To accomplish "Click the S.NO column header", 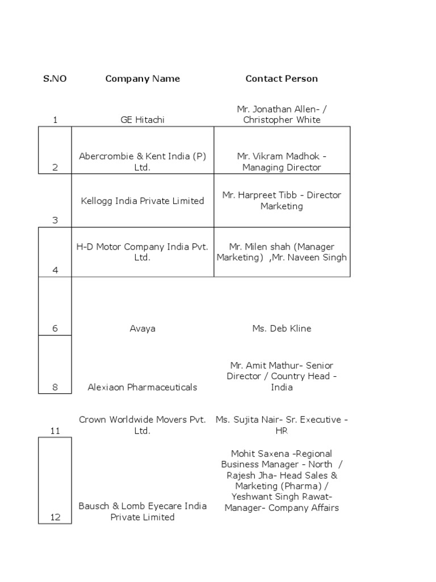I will (55, 79).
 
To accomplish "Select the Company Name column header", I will (142, 79).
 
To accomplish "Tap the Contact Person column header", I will (282, 79).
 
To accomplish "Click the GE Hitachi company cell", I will (142, 120).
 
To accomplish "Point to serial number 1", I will (55, 120).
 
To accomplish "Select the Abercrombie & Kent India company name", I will (142, 161).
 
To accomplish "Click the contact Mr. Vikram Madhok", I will (282, 161).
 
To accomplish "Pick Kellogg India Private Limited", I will (142, 201).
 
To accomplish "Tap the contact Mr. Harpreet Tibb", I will (282, 201).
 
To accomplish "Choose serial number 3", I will (55, 221).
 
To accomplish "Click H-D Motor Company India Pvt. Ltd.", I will (142, 252).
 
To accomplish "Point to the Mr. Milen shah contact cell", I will (282, 252).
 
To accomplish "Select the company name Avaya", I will (142, 329).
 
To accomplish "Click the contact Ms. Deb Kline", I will (282, 329).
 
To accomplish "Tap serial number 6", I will (55, 329).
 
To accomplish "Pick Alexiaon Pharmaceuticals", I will (142, 387).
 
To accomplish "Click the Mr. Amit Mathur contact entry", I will (282, 376).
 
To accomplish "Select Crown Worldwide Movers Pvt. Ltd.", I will (142, 425).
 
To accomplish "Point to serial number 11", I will (55, 431).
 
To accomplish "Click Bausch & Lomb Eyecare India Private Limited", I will (142, 512).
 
